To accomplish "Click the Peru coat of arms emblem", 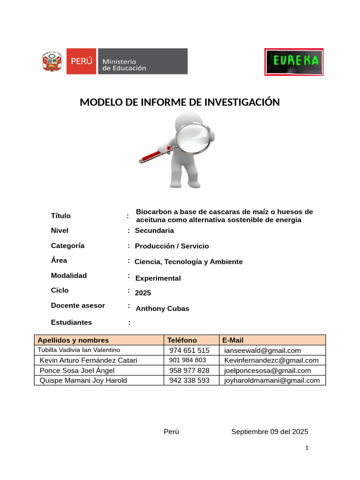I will pyautogui.click(x=52, y=61).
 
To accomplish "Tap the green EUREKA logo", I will pyautogui.click(x=293, y=61).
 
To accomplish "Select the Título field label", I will pyautogui.click(x=61, y=216).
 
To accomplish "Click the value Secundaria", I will pyautogui.click(x=154, y=231).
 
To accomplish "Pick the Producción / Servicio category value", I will pyautogui.click(x=172, y=246).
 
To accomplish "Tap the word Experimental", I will pyautogui.click(x=158, y=278).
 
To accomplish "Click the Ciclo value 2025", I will pyautogui.click(x=143, y=293).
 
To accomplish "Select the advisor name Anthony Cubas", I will pyautogui.click(x=162, y=308).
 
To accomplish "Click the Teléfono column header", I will pyautogui.click(x=182, y=340).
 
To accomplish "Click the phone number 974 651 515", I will pyautogui.click(x=189, y=350).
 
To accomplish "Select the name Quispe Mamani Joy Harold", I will pyautogui.click(x=83, y=380).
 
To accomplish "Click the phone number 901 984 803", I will pyautogui.click(x=187, y=360).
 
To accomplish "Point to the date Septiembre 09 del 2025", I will pyautogui.click(x=270, y=432).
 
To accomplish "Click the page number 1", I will pyautogui.click(x=307, y=448).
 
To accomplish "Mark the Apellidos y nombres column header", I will pyautogui.click(x=73, y=340).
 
